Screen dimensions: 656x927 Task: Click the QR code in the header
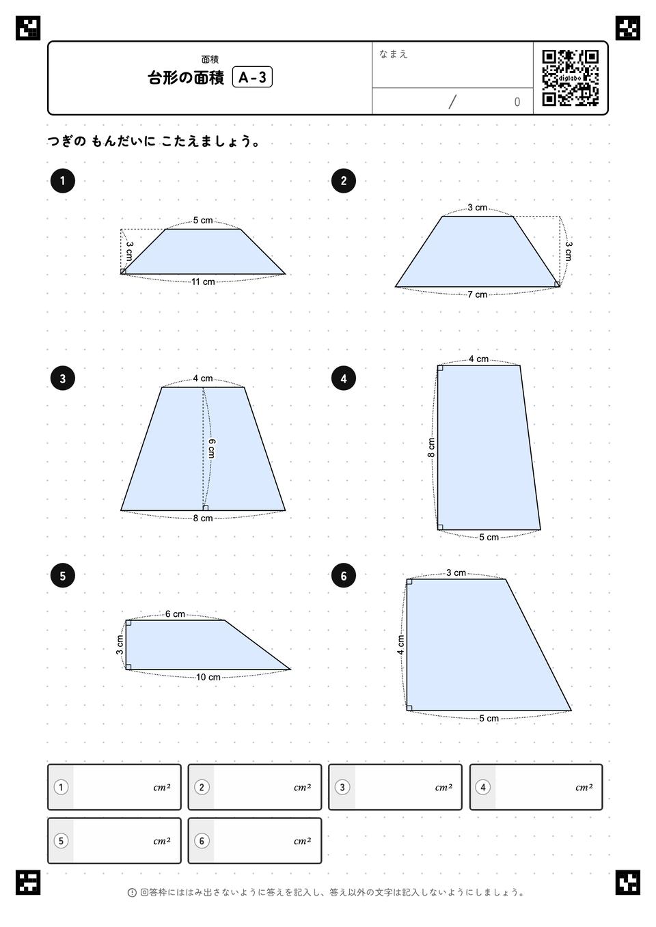tap(571, 78)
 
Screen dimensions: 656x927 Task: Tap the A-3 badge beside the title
tap(252, 77)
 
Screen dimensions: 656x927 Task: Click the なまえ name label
tap(393, 54)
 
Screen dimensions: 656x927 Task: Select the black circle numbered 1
tap(62, 181)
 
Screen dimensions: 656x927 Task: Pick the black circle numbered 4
tap(344, 378)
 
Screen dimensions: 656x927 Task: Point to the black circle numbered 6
tap(344, 576)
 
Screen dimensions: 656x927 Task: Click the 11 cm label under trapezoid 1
tap(203, 282)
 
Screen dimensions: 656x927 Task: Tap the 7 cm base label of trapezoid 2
tap(477, 294)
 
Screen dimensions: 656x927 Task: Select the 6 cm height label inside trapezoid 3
tap(212, 448)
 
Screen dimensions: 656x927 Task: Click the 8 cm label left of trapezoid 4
tap(431, 447)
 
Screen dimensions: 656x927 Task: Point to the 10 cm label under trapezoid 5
tap(208, 677)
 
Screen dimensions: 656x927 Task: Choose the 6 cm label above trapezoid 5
tap(175, 613)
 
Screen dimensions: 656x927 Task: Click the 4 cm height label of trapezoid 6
tap(400, 645)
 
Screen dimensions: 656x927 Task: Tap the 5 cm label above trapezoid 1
tap(203, 220)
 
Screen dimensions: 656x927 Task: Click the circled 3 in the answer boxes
tap(342, 787)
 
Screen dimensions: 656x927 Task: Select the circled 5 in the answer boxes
tap(61, 840)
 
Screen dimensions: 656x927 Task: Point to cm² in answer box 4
tap(584, 787)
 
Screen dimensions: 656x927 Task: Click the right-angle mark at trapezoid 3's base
tap(205, 508)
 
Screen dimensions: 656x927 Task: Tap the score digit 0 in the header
tap(517, 102)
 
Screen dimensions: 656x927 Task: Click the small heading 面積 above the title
tap(210, 59)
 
